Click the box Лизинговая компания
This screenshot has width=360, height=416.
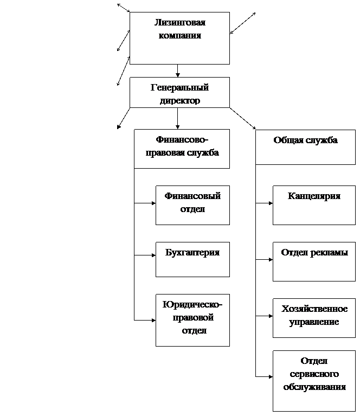179,38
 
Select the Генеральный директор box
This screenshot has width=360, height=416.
179,92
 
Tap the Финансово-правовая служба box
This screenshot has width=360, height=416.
182,149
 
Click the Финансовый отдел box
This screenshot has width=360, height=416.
192,205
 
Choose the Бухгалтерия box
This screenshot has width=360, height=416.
192,259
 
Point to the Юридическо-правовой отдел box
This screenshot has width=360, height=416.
192,320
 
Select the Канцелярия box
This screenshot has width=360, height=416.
314,205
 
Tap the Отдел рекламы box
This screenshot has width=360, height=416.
314,261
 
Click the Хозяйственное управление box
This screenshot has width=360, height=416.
314,318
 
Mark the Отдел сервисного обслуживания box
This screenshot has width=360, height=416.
314,381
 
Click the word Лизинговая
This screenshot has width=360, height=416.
180,23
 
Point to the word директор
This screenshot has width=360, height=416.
179,101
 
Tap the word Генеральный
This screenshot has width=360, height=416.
179,88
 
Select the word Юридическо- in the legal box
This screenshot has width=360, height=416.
192,304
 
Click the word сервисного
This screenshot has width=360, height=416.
314,374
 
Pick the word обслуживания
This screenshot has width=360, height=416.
314,387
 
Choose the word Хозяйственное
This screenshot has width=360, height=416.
314,309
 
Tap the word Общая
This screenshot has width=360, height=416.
288,140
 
